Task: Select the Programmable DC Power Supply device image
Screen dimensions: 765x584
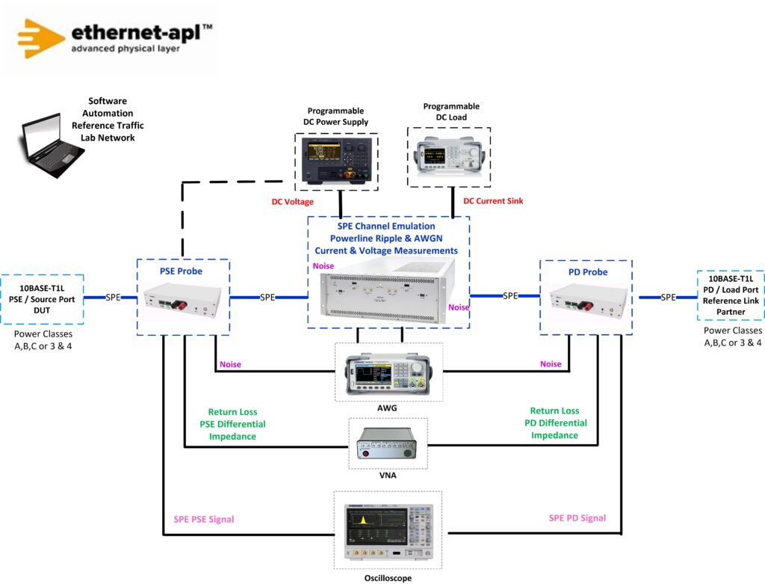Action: (336, 161)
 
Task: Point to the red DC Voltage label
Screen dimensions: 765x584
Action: (292, 202)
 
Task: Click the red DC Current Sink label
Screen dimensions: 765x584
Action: (493, 200)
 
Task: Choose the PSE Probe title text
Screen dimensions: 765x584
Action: (181, 271)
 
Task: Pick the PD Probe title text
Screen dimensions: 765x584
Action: (588, 272)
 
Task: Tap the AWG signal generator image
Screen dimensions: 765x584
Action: (388, 374)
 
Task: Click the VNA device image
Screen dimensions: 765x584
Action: (388, 443)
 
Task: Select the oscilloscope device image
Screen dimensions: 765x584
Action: (388, 532)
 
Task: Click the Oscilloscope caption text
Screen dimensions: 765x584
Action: (388, 578)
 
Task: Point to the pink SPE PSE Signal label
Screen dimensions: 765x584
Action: (204, 519)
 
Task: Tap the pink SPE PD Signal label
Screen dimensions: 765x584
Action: (577, 518)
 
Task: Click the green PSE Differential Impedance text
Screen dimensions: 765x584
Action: (233, 430)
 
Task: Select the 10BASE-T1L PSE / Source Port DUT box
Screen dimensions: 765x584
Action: (42, 299)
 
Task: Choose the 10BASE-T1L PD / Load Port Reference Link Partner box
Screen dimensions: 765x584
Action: (731, 295)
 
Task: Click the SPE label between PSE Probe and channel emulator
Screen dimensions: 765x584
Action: (267, 297)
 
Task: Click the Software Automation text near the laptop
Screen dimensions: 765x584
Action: (108, 107)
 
